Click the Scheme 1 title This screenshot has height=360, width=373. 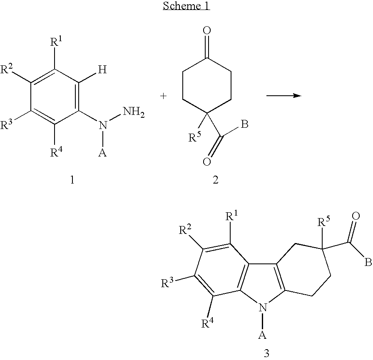tap(186, 7)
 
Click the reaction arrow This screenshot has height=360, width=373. tap(283, 96)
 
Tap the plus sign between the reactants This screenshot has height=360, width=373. tap(164, 96)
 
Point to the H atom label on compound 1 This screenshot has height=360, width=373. tap(102, 70)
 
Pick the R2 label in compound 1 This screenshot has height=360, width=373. tap(8, 70)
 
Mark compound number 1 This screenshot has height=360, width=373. tap(72, 180)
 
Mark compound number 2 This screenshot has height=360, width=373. tap(215, 180)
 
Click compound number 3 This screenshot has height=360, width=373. tap(266, 353)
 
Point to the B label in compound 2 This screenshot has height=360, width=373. tap(245, 124)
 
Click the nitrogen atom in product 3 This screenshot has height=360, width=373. tap(262, 308)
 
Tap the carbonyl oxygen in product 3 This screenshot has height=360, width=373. tap(356, 216)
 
